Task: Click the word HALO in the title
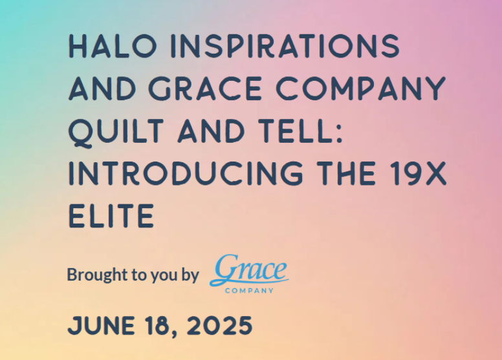point(113,46)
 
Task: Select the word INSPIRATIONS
point(285,46)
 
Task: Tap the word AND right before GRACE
point(103,89)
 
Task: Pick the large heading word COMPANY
point(361,89)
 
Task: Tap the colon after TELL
point(340,134)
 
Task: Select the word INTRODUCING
point(186,173)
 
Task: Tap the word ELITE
point(111,216)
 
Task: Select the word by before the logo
point(190,276)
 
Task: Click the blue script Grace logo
point(249,270)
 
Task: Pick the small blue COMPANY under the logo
point(249,291)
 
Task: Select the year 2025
point(220,326)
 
